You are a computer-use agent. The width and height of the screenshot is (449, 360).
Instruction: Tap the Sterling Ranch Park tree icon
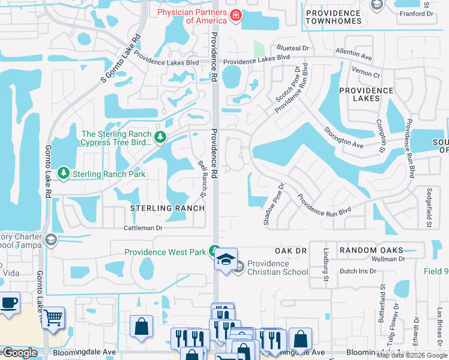(63, 173)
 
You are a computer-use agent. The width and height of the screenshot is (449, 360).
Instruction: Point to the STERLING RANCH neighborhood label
(167, 208)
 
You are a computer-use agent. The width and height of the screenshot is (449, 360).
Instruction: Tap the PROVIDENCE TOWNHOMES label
(333, 17)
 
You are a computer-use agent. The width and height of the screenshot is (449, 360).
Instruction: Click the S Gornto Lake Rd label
(120, 58)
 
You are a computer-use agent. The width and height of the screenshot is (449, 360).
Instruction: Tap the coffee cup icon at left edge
(8, 303)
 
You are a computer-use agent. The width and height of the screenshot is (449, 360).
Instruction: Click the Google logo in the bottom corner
(19, 353)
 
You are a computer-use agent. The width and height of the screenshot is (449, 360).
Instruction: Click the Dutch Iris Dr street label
(357, 271)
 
